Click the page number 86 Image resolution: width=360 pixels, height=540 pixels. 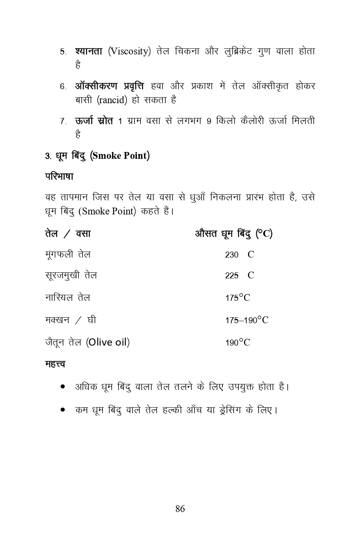(180, 509)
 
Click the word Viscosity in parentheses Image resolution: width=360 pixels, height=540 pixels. (129, 52)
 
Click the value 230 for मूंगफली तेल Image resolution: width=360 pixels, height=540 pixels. (232, 255)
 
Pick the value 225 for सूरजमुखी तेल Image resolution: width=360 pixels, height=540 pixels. (232, 276)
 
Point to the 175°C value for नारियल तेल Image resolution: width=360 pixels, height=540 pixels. (238, 298)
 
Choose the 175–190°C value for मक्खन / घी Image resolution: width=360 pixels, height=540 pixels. (247, 320)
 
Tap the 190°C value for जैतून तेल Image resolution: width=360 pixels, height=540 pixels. (238, 342)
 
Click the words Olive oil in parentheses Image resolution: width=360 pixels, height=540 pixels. (108, 342)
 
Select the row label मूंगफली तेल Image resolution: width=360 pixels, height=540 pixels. (68, 255)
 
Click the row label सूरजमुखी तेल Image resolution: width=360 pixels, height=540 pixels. (71, 276)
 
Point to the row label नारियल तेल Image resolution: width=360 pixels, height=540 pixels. (68, 298)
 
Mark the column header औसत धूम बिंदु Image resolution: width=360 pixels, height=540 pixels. (224, 233)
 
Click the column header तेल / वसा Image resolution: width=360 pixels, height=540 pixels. (68, 234)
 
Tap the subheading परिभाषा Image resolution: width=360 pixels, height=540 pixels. (59, 176)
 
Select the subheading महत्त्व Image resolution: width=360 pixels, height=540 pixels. (55, 364)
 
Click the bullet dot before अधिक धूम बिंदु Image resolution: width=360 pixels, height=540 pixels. (63, 387)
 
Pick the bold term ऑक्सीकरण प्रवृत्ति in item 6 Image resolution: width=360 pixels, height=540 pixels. (109, 86)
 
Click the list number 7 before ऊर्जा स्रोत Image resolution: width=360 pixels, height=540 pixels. (63, 121)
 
